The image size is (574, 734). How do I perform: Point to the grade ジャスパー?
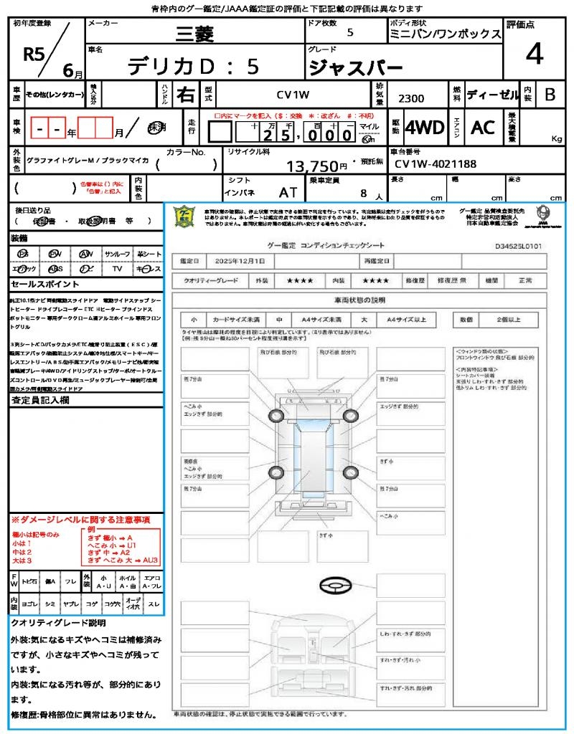tap(355, 67)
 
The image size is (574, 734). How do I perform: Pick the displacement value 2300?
tap(411, 98)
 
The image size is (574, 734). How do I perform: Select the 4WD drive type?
tap(424, 128)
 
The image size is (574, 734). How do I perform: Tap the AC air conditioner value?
tap(483, 128)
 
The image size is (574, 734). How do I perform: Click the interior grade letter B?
tap(550, 94)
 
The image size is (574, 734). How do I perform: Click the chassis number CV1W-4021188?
tap(436, 165)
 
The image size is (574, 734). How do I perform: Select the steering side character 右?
tap(186, 94)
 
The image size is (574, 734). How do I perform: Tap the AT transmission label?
tap(288, 192)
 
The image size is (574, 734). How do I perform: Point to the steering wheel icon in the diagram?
tap(335, 587)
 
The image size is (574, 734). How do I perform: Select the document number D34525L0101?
tap(518, 245)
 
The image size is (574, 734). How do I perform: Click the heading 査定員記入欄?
tap(40, 401)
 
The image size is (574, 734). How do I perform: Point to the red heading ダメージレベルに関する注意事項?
tap(80, 519)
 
